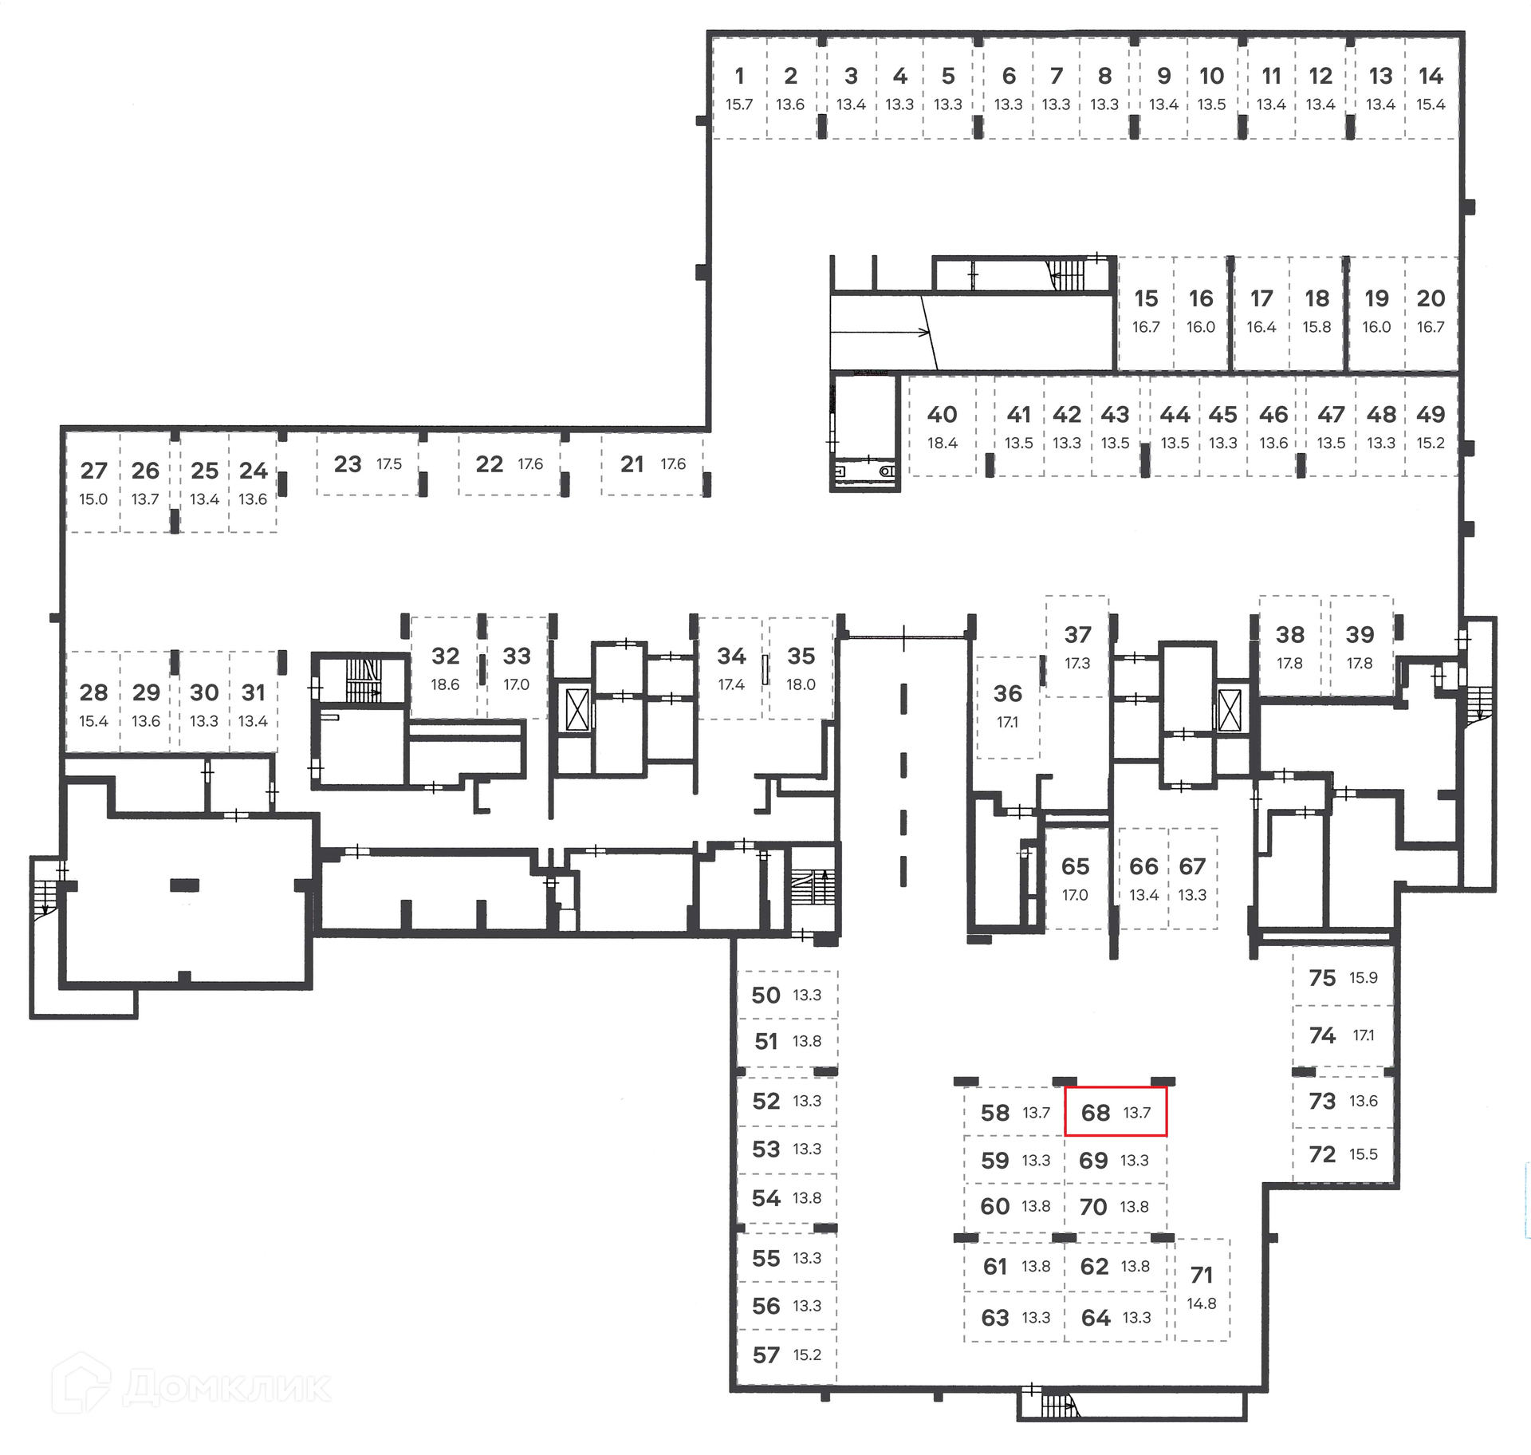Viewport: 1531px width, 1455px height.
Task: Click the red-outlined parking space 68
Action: point(1116,1111)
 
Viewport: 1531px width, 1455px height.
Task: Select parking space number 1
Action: point(739,88)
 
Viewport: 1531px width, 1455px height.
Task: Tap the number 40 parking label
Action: point(942,415)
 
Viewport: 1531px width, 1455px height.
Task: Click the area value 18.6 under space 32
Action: point(445,684)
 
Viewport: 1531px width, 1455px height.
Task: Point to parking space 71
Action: point(1202,1289)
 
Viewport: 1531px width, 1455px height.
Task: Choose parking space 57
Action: point(786,1354)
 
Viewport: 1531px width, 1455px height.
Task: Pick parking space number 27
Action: point(93,482)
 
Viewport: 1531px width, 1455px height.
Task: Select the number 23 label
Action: point(348,464)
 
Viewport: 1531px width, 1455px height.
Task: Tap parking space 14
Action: point(1431,88)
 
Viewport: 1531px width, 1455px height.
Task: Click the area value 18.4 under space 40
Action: point(942,443)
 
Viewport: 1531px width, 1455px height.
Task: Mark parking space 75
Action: point(1343,976)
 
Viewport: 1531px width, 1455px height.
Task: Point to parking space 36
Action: point(1008,707)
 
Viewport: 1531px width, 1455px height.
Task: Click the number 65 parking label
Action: point(1075,866)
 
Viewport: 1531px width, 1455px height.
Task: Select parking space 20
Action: point(1431,313)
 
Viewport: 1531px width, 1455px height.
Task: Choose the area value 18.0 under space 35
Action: point(801,684)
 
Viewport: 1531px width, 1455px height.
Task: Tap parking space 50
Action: point(786,995)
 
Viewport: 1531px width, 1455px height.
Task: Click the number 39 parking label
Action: point(1360,635)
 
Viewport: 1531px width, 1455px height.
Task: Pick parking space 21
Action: point(652,464)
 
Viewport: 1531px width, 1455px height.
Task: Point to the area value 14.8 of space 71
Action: point(1202,1303)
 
